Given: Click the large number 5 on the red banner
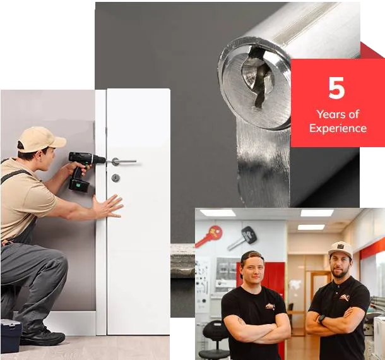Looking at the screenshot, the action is (x=336, y=88).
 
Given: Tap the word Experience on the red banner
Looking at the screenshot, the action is (x=338, y=128).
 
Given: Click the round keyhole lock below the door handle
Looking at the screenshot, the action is (x=115, y=178).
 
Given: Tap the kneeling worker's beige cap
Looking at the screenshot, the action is (x=41, y=140).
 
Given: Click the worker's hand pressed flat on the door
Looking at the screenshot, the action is (x=108, y=206).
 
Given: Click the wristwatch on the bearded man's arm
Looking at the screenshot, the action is (x=321, y=319).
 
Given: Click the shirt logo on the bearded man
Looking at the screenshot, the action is (x=345, y=298).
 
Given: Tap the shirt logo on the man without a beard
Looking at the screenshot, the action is (x=270, y=306).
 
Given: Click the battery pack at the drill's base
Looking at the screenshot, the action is (x=79, y=185).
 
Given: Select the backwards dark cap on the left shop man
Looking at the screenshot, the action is (x=251, y=259).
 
